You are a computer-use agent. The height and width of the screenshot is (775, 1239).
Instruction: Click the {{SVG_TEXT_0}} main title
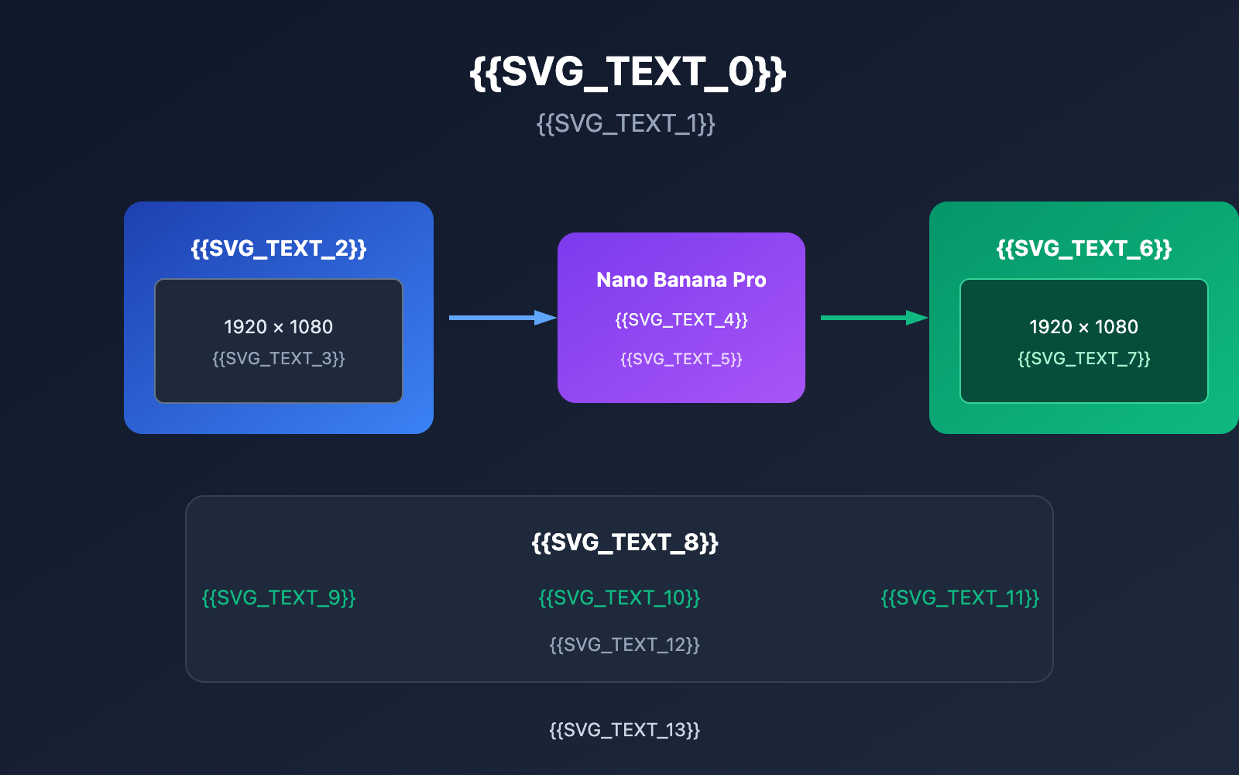(627, 72)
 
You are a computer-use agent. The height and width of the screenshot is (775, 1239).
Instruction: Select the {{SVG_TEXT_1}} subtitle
(626, 123)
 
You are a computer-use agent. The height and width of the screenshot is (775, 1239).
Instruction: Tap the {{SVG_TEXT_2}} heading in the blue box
(279, 248)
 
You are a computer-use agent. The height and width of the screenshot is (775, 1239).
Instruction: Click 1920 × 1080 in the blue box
(279, 326)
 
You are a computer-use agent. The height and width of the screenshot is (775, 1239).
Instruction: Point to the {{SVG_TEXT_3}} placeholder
(279, 358)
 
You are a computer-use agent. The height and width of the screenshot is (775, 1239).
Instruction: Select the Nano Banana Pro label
(681, 280)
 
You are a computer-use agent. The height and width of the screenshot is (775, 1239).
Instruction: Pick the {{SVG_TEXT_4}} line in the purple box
(681, 319)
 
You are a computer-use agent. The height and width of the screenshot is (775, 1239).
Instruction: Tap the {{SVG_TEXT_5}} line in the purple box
(681, 359)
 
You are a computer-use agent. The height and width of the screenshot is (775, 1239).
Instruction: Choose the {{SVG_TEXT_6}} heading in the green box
(1084, 248)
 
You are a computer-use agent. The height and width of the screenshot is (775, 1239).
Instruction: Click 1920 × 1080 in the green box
(1084, 326)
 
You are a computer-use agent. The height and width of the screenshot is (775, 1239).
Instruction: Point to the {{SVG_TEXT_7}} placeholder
(1084, 358)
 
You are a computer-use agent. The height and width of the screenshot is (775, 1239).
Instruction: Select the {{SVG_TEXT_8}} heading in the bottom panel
(625, 542)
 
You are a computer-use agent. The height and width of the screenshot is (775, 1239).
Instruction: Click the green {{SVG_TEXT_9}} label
(279, 598)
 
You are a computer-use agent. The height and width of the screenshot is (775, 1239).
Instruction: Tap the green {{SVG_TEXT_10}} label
(619, 598)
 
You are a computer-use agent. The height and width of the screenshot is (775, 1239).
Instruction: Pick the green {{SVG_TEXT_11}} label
(960, 598)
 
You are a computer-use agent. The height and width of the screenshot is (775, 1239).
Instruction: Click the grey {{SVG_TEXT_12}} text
(625, 645)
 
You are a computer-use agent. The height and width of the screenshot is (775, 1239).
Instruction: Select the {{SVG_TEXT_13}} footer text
(625, 730)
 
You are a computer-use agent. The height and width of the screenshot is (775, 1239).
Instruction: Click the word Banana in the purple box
(684, 280)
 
